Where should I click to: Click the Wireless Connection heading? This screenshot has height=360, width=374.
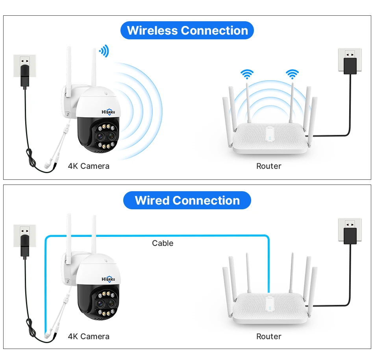[x=187, y=31]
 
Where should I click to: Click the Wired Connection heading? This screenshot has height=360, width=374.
[x=187, y=201]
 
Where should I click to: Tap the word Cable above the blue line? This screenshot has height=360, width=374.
[x=163, y=243]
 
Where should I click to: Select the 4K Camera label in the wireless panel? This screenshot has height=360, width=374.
[x=89, y=166]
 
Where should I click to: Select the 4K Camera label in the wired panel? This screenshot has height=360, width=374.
[x=89, y=336]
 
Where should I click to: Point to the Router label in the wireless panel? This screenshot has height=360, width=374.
[x=268, y=166]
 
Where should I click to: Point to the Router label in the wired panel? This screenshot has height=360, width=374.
[x=268, y=336]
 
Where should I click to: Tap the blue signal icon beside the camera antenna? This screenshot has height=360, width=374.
[x=104, y=51]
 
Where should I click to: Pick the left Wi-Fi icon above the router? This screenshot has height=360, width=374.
[x=247, y=74]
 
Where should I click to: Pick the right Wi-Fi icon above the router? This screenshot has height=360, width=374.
[x=292, y=74]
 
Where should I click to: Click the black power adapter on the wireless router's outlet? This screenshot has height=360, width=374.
[x=350, y=66]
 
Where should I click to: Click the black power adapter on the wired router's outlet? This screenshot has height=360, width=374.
[x=350, y=235]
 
